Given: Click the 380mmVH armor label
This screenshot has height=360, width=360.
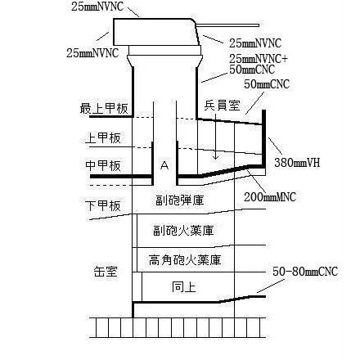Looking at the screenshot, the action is tap(297, 163).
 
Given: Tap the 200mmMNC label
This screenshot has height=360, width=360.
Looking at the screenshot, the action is tap(270, 196).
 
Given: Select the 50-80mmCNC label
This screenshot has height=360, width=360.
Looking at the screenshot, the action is tap(305, 272).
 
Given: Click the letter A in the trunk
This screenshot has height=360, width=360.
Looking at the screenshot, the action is tap(164, 165).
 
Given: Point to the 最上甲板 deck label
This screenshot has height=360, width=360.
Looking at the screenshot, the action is tap(104, 108).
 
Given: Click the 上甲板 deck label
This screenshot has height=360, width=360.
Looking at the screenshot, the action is tap(103, 137).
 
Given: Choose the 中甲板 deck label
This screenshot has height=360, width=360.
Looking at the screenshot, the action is tap(103, 165).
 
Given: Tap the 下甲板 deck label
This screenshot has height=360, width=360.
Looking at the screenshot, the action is tap(103, 206).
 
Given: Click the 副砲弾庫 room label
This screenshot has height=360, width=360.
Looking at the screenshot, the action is tap(180, 200).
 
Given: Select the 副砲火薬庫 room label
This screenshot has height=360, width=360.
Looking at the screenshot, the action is tap(183, 231).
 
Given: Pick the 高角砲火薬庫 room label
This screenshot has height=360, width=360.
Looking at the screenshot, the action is tap(185, 260).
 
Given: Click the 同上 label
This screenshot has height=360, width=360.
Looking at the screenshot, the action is tap(184, 287).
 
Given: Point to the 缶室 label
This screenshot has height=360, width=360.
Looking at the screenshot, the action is tap(106, 272).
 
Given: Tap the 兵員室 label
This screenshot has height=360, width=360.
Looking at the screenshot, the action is tap(222, 105).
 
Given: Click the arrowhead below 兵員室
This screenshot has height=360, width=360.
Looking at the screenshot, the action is tap(216, 157).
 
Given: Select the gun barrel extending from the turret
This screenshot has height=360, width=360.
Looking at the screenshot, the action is tap(227, 25).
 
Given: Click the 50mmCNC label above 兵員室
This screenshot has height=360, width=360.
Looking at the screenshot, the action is tap(267, 84).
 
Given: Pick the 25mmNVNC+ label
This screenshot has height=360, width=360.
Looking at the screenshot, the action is tap(259, 59).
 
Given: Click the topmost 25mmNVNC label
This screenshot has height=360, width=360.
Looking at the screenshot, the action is tap(97, 7).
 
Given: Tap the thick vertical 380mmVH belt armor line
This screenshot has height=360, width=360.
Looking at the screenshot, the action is tap(263, 138).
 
